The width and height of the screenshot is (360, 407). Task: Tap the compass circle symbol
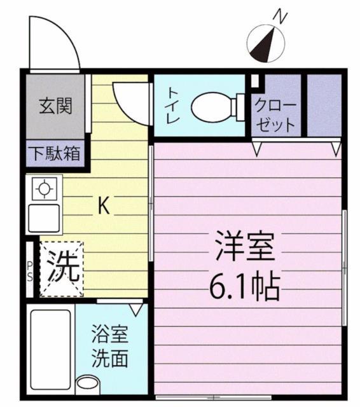[x=265, y=43]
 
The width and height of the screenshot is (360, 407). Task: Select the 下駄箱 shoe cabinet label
[x=57, y=155]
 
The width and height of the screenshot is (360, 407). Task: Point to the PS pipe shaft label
[x=30, y=270]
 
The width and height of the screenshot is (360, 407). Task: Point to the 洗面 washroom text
[x=109, y=358]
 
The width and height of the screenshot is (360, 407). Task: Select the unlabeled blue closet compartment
[x=324, y=105]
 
